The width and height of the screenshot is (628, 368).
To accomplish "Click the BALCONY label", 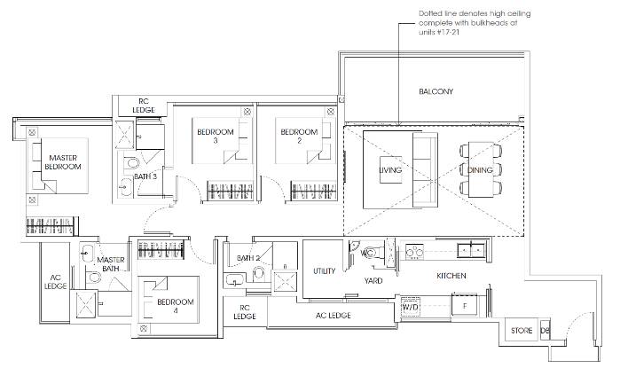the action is tap(436, 91).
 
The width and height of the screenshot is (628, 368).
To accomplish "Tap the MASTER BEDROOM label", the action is tap(63, 162).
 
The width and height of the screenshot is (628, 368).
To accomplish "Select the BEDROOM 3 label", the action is tap(215, 136).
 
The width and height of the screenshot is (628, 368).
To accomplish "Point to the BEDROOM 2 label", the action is tap(299, 136).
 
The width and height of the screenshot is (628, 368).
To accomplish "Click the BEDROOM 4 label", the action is tap(176, 306).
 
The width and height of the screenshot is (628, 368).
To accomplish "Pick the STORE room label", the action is tap(522, 331).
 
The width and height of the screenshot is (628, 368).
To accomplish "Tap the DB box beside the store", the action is tap(545, 331).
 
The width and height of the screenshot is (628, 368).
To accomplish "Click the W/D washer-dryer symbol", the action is tap(410, 307).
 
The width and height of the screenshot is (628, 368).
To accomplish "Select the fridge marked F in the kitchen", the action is tap(464, 305).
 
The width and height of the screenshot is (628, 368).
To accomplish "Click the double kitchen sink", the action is tap(471, 251).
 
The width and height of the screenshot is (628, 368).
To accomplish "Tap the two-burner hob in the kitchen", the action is tap(414, 252).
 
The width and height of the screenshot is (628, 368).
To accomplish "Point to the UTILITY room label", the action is tap(324, 271).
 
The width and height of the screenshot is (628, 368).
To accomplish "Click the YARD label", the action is tap(373, 281).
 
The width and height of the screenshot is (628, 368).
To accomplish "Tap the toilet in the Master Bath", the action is tap(93, 277).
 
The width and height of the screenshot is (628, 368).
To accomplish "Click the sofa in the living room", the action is tap(425, 170).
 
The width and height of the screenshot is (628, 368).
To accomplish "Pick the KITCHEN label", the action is tap(451, 276).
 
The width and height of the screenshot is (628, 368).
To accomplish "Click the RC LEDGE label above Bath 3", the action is tap(144, 106).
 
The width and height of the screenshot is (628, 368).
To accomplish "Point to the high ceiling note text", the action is tap(475, 23).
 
